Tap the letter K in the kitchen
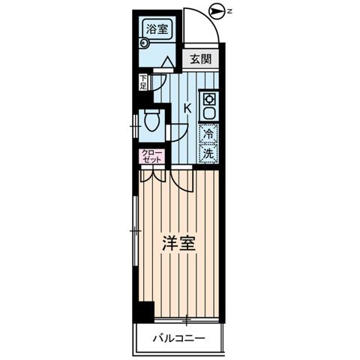coord(187,108)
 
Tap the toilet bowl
coord(153,119)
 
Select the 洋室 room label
coord(177,244)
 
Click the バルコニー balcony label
coord(177,338)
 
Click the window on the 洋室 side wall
coord(134,232)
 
